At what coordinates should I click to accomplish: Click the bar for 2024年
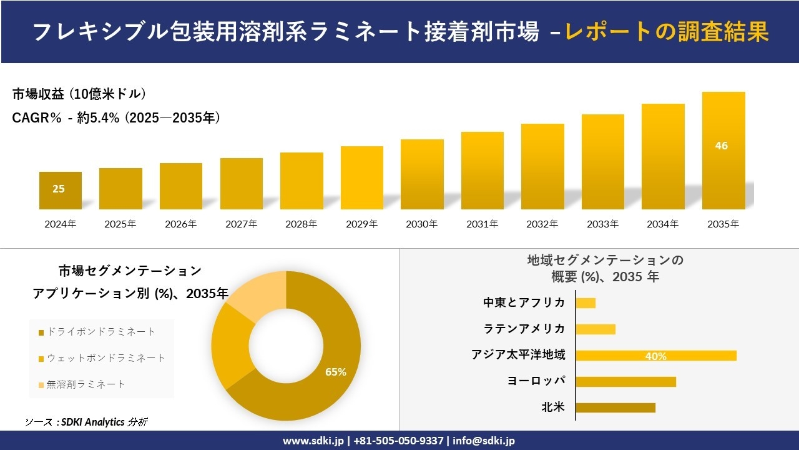pyautogui.click(x=61, y=191)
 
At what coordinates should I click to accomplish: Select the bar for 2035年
pyautogui.click(x=723, y=151)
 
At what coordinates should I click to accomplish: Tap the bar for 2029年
pyautogui.click(x=362, y=178)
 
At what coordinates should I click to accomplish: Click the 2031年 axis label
pyautogui.click(x=482, y=224)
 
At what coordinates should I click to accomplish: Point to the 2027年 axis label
pyautogui.click(x=241, y=224)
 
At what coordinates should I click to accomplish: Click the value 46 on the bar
pyautogui.click(x=722, y=146)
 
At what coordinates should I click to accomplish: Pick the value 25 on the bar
pyautogui.click(x=58, y=189)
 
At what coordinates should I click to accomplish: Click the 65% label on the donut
pyautogui.click(x=336, y=372)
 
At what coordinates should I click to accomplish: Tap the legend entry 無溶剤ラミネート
pyautogui.click(x=86, y=384)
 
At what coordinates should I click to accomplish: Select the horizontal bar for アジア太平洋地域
pyautogui.click(x=655, y=356)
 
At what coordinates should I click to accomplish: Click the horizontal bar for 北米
pyautogui.click(x=615, y=407)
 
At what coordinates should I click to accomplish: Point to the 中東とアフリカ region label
pyautogui.click(x=524, y=302)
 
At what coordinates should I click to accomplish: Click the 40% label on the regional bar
pyautogui.click(x=656, y=356)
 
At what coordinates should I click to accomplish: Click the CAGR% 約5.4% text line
pyautogui.click(x=116, y=117)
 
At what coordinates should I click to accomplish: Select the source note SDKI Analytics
pyautogui.click(x=87, y=422)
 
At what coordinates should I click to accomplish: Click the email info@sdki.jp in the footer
pyautogui.click(x=483, y=441)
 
